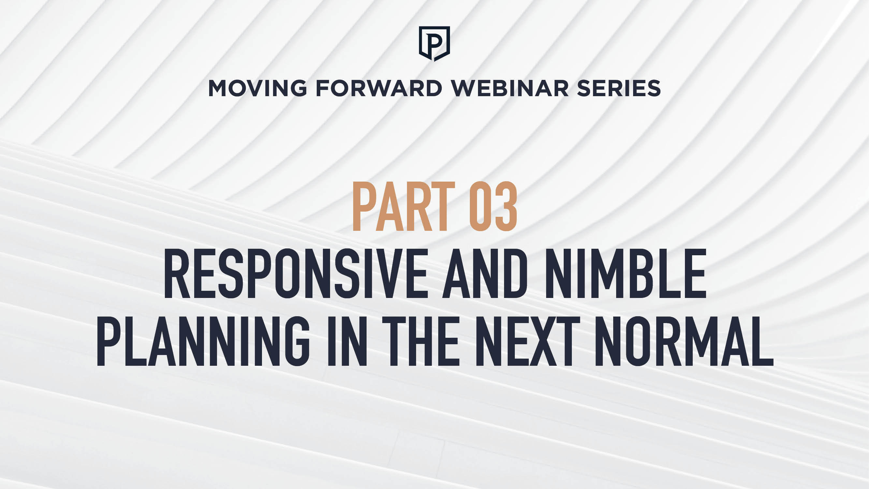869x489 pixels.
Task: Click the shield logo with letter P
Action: (434, 44)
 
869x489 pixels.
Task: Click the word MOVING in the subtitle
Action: (258, 88)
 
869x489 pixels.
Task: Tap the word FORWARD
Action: (379, 88)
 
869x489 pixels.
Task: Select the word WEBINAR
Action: (510, 88)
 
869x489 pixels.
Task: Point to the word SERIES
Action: (619, 88)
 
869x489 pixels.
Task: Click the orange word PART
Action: (404, 206)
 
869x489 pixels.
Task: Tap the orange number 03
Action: (493, 206)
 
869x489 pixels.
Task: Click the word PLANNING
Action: (203, 341)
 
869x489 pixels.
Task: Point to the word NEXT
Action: (528, 341)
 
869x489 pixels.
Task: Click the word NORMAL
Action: (684, 341)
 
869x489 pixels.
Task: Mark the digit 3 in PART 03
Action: (505, 206)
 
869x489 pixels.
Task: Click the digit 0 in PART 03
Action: (481, 206)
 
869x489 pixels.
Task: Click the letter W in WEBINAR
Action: (464, 88)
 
